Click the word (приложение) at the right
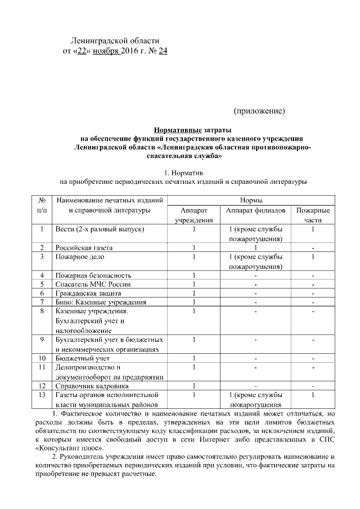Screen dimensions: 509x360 coord(259,111)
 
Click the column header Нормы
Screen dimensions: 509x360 coord(250,200)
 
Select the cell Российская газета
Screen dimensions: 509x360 coord(84,247)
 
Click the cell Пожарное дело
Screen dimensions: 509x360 coord(79,256)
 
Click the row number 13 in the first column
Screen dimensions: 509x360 coord(42,395)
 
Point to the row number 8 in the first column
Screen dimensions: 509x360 coord(42,311)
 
